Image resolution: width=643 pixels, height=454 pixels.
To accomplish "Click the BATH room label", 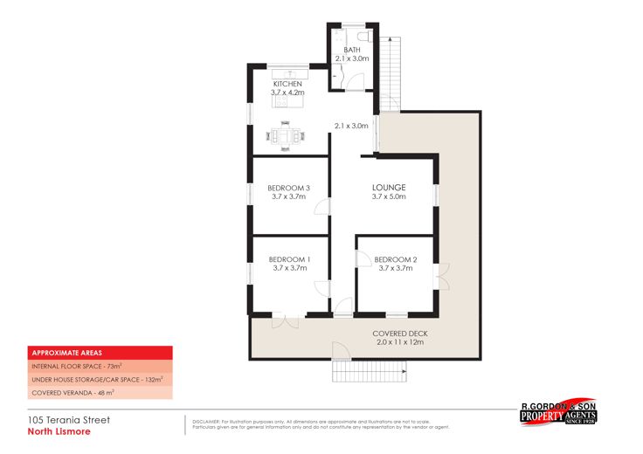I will [x=352, y=50].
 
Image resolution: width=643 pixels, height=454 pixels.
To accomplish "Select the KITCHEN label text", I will [x=287, y=84].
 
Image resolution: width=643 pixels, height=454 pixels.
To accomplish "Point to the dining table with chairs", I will [x=286, y=135].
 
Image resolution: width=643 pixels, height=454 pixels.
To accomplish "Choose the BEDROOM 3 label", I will [x=289, y=188].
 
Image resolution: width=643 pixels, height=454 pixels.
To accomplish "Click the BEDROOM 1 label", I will [x=289, y=259].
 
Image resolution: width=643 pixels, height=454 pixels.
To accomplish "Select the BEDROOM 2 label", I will [x=395, y=259].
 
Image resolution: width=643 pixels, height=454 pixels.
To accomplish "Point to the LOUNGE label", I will [x=389, y=188].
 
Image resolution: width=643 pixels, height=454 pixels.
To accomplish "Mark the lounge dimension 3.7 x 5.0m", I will [x=389, y=198].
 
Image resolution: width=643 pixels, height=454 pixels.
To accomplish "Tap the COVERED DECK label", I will [x=399, y=334].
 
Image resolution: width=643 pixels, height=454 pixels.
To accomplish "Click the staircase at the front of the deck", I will [x=370, y=372].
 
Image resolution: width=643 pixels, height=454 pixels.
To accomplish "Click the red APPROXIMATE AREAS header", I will [x=99, y=353].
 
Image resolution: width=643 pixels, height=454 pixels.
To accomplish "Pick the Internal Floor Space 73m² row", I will [x=99, y=367].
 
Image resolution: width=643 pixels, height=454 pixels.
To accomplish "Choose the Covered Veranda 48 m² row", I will [x=99, y=394].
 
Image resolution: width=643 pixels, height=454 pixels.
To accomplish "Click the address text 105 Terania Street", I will [x=68, y=419].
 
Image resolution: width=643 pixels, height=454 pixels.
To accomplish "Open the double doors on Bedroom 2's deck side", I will [x=442, y=277].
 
